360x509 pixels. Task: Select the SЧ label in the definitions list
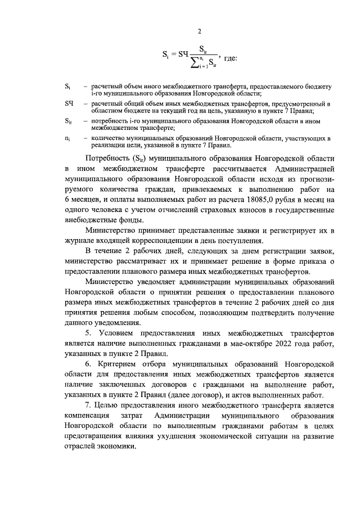[69, 104]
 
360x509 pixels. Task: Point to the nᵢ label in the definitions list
[67, 137]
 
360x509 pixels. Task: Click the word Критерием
[118, 364]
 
